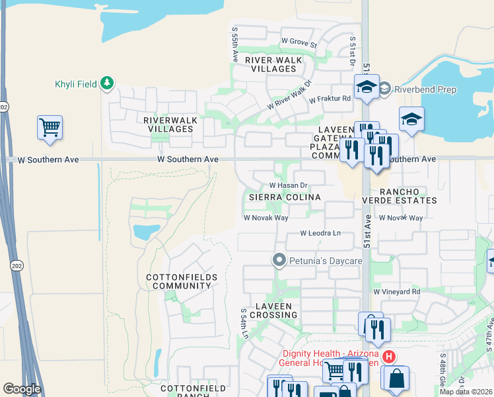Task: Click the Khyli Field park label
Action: tap(75, 84)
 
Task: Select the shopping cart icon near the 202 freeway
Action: tap(50, 127)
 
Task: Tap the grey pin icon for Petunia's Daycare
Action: tap(279, 261)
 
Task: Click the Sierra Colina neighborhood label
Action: tap(285, 197)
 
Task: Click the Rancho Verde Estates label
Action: tap(400, 195)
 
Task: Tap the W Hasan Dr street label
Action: tap(289, 185)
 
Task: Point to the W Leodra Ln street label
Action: tap(320, 233)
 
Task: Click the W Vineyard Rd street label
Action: tap(396, 291)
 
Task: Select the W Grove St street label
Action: tap(299, 42)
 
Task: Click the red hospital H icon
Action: tap(389, 357)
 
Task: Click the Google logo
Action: tap(22, 388)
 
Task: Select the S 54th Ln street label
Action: tap(244, 324)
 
